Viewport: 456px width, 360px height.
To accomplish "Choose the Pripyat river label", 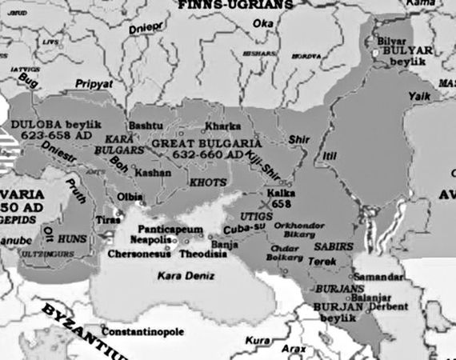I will pos(94,83).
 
